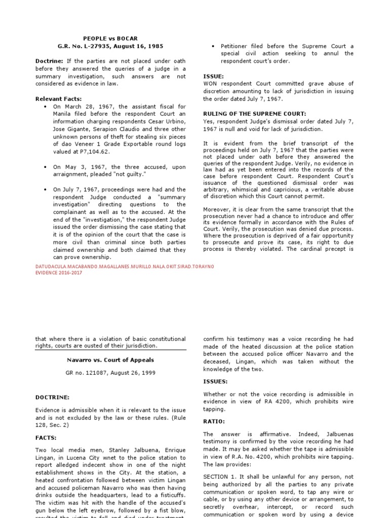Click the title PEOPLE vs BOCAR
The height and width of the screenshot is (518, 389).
click(110, 38)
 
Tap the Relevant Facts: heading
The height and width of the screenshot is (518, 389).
click(58, 99)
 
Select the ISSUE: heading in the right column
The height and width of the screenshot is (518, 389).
click(213, 76)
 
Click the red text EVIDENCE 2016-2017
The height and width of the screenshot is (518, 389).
click(59, 272)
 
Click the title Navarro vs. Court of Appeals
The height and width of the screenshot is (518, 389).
click(110, 360)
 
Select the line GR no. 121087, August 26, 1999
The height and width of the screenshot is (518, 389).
click(110, 373)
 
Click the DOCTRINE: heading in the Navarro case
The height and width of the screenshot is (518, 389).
click(52, 397)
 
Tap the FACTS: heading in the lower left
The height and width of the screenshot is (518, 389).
click(46, 438)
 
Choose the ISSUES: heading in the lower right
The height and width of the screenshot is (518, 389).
click(215, 381)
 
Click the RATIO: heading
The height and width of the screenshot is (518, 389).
click(213, 421)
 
